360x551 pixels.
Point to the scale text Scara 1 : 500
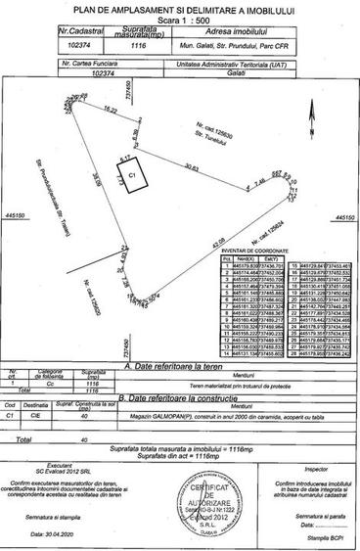(182, 19)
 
